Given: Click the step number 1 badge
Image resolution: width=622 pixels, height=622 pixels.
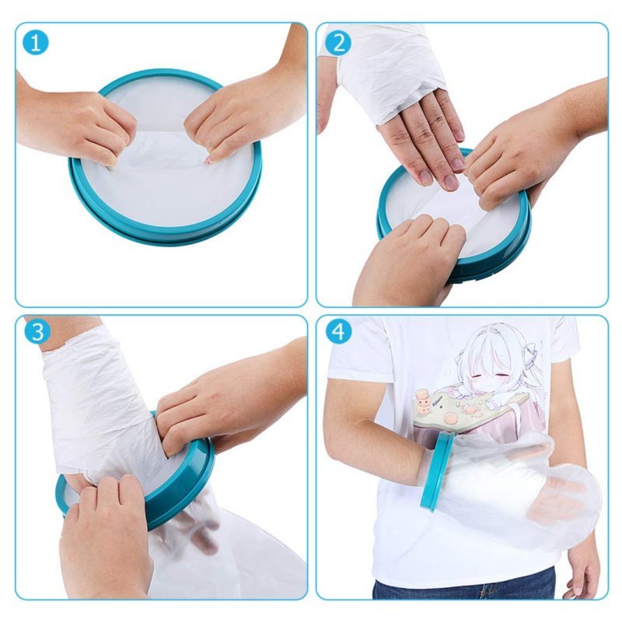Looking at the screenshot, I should click(x=35, y=43).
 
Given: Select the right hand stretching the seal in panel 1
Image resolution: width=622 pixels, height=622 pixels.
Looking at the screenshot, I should click(x=233, y=117).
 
